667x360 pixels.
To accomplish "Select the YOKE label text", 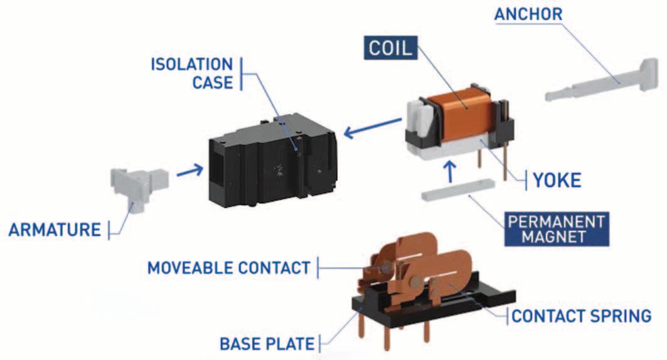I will click(557, 181).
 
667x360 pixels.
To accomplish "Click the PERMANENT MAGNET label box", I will click(557, 229).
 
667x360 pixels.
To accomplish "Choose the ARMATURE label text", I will click(55, 230).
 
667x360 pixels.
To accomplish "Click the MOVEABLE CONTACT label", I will click(228, 268).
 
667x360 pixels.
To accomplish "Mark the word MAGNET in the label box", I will click(557, 237).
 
